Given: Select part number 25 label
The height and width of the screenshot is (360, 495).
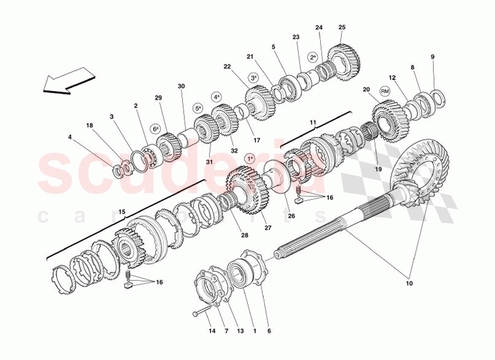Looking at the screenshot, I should pos(342,27).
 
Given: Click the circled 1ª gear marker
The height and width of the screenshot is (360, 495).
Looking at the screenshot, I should pos(250,158).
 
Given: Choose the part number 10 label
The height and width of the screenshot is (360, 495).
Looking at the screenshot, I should pos(409,283).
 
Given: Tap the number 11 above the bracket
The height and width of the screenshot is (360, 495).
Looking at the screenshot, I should pos(313,122).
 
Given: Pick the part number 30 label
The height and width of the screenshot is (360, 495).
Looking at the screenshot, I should pos(181,86).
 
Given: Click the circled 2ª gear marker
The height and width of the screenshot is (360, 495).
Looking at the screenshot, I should pos(313,57).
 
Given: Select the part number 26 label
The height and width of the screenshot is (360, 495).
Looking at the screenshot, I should pos(291,216).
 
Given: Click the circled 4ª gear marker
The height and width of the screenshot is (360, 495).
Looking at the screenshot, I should pos(217,97).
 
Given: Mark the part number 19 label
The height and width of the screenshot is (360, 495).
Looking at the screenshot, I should pos(378,169).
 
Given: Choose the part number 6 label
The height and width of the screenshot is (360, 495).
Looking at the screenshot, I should pos(269,331).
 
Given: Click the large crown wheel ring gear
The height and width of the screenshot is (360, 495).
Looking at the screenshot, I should pos(423,169).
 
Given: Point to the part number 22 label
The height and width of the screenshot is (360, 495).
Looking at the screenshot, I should pos(227,67).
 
